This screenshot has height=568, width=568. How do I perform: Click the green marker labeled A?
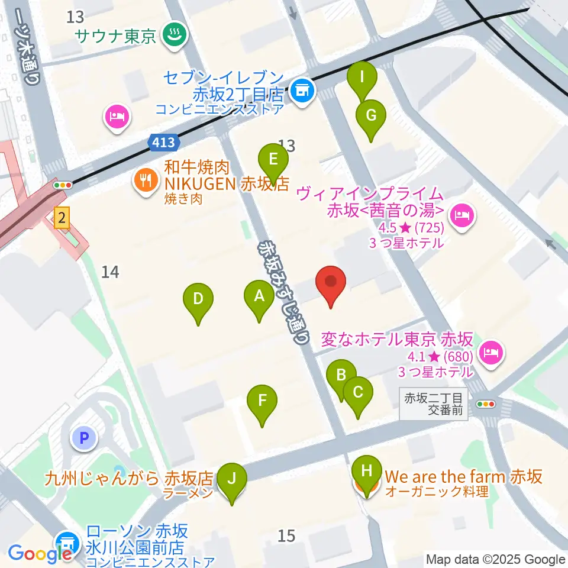point(259,295)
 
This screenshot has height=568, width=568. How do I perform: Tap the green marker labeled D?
point(198,299)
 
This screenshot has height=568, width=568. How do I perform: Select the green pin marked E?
point(273,160)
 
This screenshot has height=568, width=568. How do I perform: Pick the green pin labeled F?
point(262,401)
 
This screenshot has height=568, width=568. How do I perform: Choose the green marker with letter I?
point(362,77)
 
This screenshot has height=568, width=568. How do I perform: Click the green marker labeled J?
point(231,478)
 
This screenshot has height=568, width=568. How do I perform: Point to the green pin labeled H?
point(367,472)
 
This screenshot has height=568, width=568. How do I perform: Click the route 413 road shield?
point(163,143)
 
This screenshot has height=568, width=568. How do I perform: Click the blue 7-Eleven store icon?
point(303,91)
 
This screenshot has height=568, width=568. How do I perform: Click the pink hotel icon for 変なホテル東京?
point(490,354)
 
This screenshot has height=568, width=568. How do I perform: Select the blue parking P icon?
point(83,438)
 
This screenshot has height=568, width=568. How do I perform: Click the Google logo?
point(40,554)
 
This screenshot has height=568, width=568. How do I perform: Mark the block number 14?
point(111,272)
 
